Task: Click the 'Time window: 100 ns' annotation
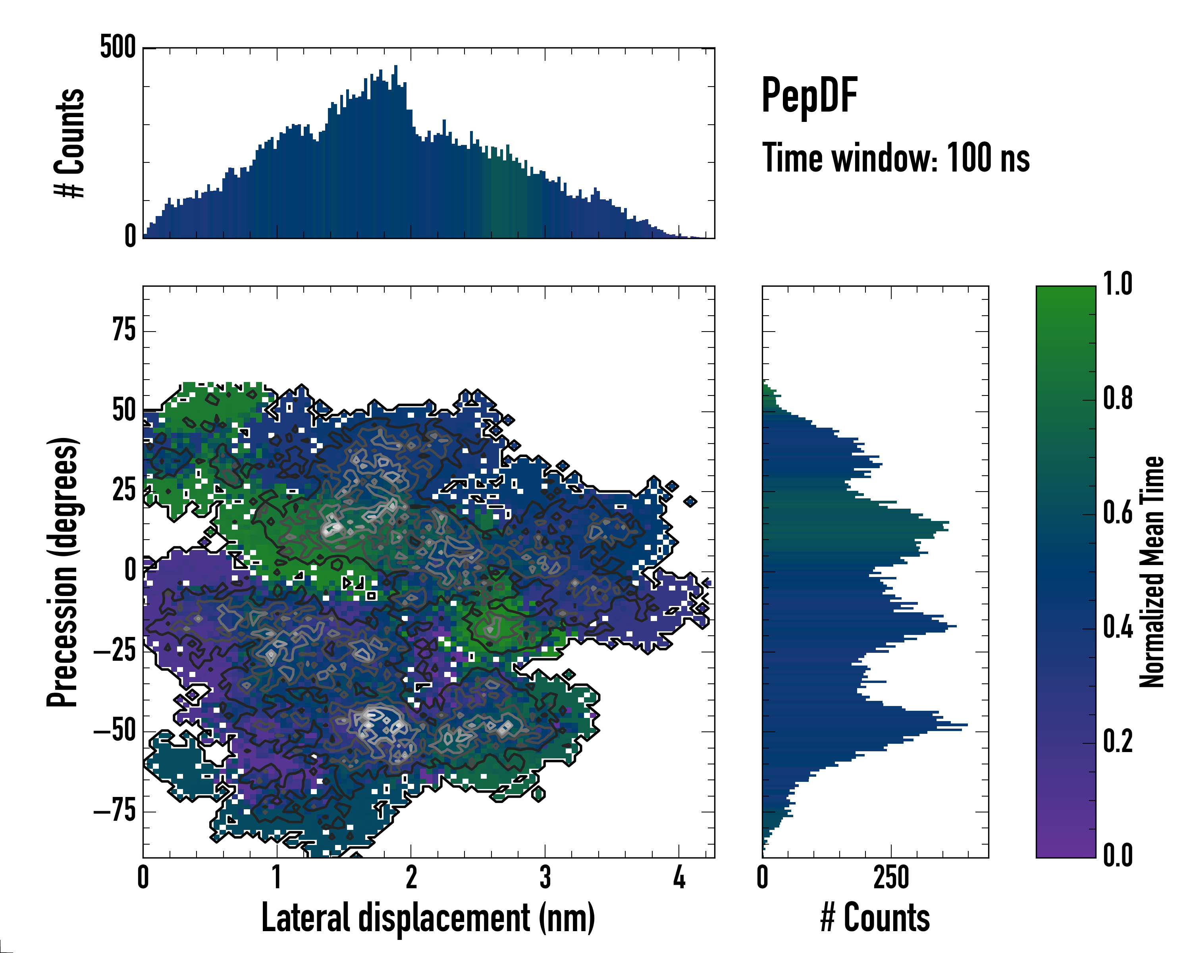tap(896, 158)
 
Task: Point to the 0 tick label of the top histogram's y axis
tap(130, 236)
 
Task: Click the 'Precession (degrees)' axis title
tap(62, 572)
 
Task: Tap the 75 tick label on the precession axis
tap(124, 331)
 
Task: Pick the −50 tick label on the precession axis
tap(114, 731)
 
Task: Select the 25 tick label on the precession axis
tap(124, 490)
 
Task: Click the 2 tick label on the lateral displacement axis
tap(411, 878)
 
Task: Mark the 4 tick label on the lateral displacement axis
tap(679, 878)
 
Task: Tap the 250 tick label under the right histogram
tap(891, 878)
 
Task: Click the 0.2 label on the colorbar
tap(1118, 741)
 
